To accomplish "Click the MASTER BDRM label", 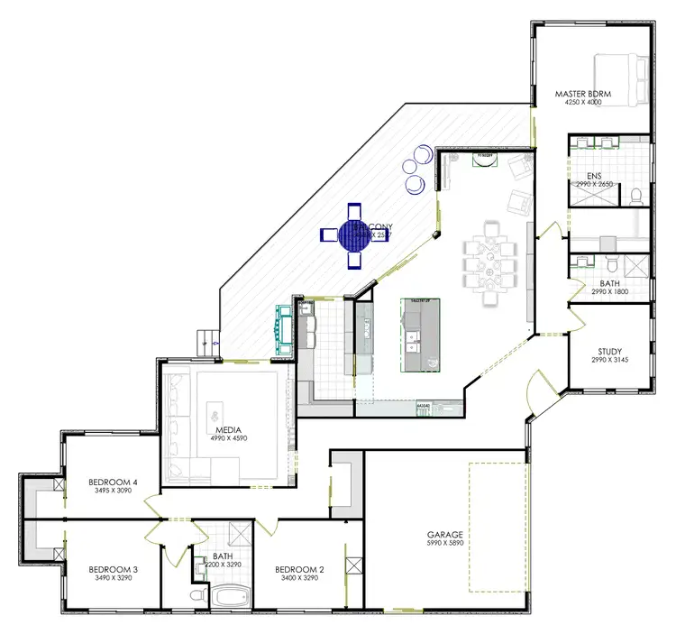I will pos(582,93).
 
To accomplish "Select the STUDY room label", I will pos(609,352).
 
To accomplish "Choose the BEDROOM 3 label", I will pos(112,570).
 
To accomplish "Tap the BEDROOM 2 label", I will pos(298,570).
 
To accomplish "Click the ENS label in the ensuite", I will pos(593,176).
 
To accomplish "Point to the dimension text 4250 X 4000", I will pos(582,103).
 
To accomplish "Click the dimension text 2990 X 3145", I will pos(609,361).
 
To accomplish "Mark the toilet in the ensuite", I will pos(635,195).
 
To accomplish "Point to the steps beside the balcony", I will pos(209,341).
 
